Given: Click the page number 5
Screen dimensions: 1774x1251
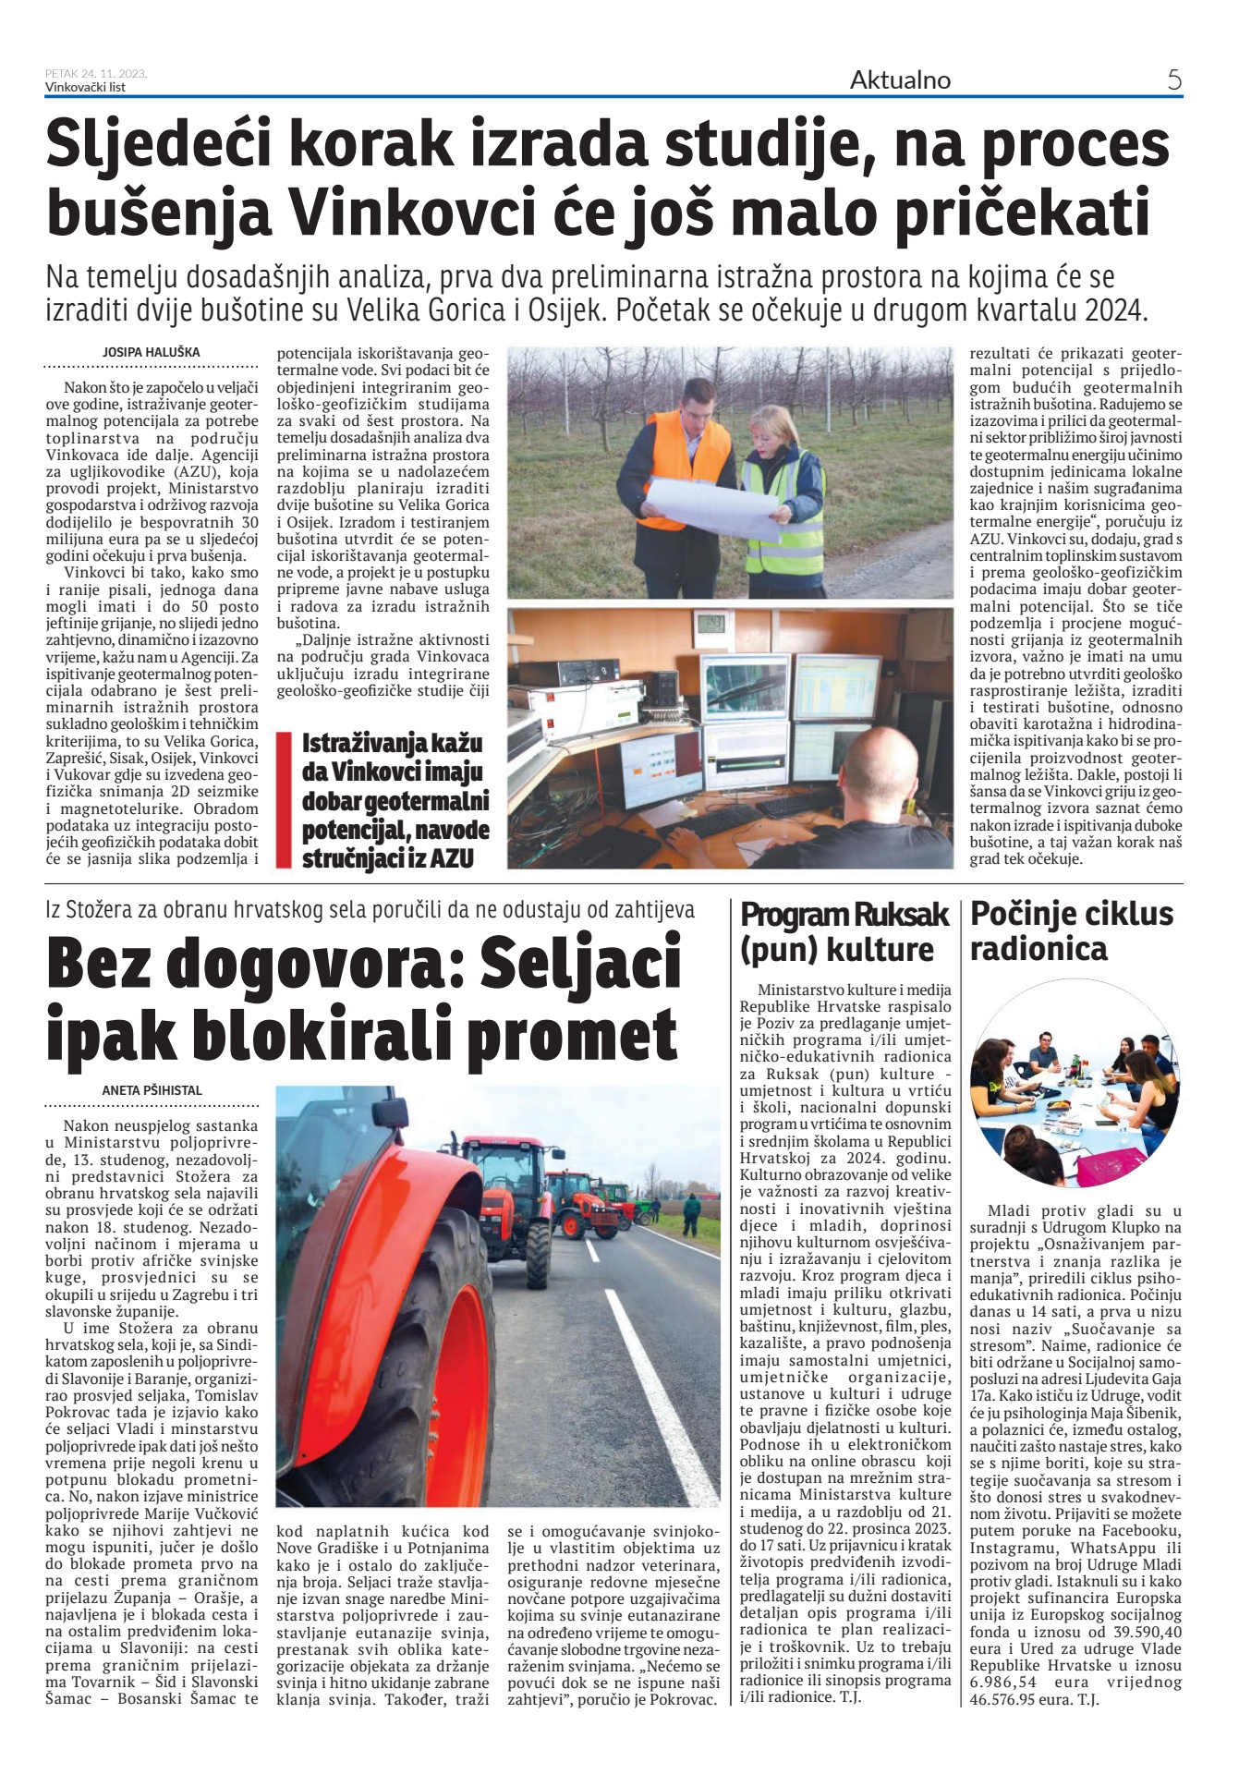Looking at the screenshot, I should click(1173, 80).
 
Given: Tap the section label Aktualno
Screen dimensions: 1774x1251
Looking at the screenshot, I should click(899, 80).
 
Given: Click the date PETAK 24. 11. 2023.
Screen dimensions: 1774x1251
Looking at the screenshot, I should click(95, 74).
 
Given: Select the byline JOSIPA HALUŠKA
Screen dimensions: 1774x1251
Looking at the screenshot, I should click(152, 352).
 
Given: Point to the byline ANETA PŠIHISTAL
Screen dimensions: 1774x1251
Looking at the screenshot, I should click(152, 1090).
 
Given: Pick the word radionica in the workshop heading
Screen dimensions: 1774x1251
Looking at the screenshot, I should click(1038, 949).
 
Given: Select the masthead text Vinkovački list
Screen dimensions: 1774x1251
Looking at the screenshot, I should click(85, 88).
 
